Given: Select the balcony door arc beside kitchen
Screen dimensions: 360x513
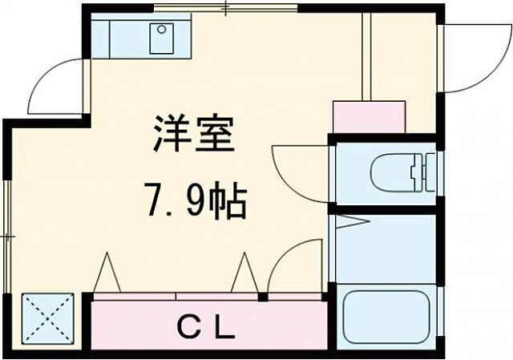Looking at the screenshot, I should (x=56, y=84).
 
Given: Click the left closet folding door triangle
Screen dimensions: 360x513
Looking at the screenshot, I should (x=107, y=274).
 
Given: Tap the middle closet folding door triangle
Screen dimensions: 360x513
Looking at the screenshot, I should (x=244, y=274).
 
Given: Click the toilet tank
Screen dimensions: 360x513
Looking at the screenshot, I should (x=422, y=171).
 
